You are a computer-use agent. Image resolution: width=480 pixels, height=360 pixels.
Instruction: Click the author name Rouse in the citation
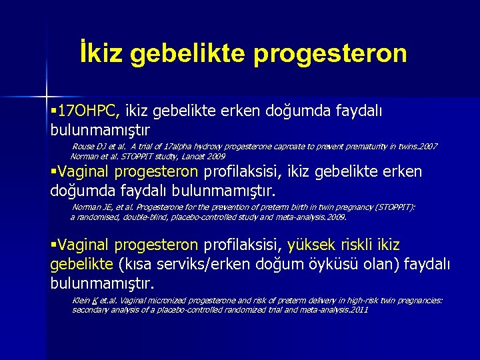click(x=83, y=146)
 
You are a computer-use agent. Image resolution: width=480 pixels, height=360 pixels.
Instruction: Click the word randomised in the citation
click(x=99, y=217)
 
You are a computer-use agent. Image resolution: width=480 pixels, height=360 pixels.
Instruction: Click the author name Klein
click(x=81, y=301)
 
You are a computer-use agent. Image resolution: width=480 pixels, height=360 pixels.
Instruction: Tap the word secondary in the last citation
click(x=89, y=310)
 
